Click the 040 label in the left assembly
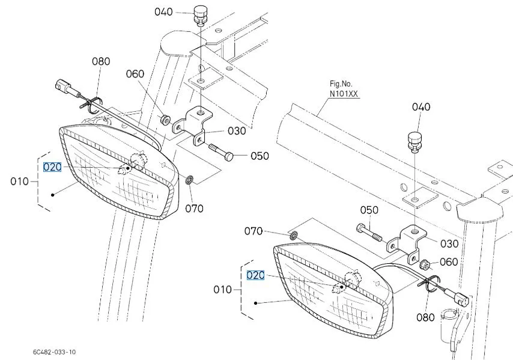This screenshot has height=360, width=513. [x=163, y=12]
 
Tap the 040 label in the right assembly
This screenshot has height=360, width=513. [x=421, y=107]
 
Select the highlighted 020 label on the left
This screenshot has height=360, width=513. [x=52, y=167]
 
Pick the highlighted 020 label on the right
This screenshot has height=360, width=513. [x=255, y=275]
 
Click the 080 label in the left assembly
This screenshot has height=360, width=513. [x=101, y=61]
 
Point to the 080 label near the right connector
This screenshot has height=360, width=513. [x=425, y=317]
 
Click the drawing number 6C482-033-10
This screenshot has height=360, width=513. [x=54, y=352]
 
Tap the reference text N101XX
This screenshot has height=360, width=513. [x=344, y=94]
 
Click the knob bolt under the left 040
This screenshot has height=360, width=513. [x=201, y=15]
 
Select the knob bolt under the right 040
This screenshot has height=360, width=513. [x=414, y=142]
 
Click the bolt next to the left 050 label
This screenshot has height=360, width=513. [x=221, y=152]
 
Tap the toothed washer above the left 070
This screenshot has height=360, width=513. [x=189, y=180]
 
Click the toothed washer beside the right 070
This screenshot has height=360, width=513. [x=293, y=236]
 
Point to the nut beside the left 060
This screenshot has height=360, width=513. [x=165, y=120]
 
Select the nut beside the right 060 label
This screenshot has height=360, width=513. [x=425, y=263]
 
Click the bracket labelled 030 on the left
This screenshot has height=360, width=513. [x=193, y=126]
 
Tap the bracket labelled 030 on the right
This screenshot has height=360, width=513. [x=407, y=243]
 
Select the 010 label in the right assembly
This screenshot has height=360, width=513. [x=222, y=289]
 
